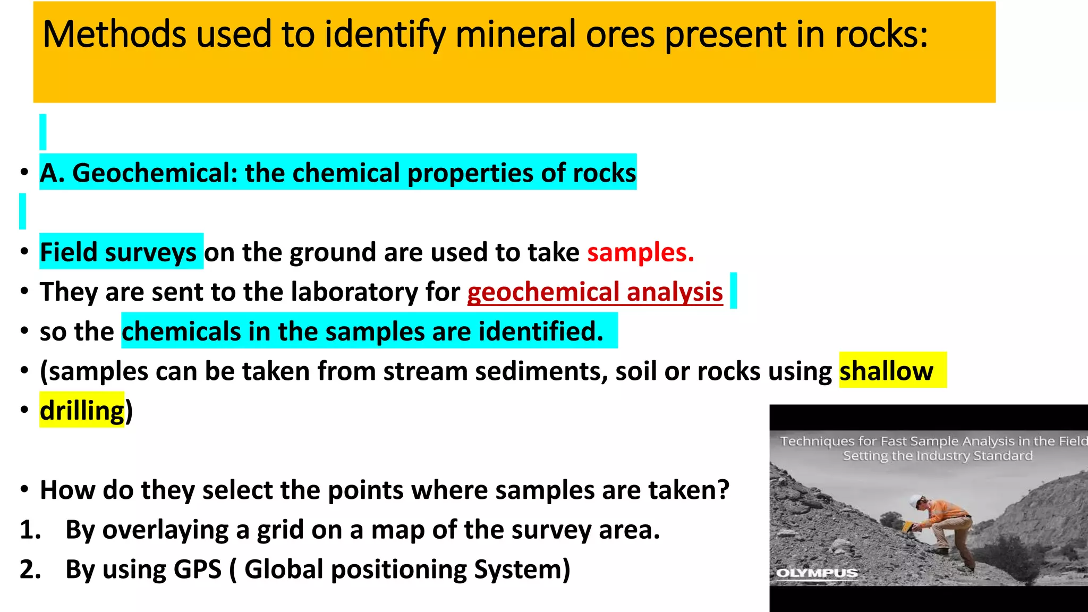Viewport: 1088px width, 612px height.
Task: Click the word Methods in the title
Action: [x=114, y=35]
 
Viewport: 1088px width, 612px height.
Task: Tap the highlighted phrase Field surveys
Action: [x=118, y=252]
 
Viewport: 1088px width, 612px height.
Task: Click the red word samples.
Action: [x=640, y=252]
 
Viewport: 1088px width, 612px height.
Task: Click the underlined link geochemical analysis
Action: [x=595, y=292]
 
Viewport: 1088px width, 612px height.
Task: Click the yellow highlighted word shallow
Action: [x=886, y=371]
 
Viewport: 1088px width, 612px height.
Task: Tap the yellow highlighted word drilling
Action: [x=82, y=411]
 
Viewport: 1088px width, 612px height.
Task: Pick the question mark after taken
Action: [x=723, y=490]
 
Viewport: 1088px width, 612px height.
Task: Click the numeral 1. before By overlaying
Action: [x=30, y=530]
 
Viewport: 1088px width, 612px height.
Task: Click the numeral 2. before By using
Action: [x=30, y=569]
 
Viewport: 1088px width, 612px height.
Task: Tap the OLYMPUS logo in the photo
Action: [x=817, y=573]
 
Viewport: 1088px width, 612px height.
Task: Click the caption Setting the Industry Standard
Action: [x=938, y=456]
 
